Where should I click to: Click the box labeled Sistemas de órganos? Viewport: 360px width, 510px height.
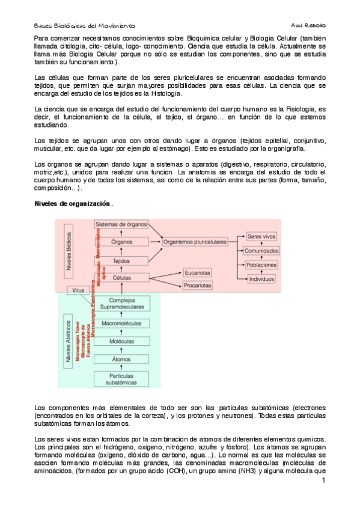click(x=121, y=224)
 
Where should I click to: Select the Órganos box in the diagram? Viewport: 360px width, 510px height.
click(x=121, y=242)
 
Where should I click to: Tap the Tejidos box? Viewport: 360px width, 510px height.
click(x=121, y=261)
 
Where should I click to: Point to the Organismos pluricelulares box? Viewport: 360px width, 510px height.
click(x=195, y=242)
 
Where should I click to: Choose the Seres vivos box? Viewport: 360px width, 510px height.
click(x=262, y=237)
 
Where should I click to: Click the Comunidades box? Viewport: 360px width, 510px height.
click(x=262, y=251)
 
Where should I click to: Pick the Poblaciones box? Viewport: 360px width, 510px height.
click(x=262, y=265)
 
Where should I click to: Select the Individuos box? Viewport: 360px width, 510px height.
click(x=262, y=279)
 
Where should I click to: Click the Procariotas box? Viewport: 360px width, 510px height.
click(x=198, y=285)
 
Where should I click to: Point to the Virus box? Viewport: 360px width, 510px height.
click(x=78, y=290)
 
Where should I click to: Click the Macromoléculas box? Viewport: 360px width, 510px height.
click(x=121, y=324)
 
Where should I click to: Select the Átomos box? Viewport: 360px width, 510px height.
click(x=121, y=359)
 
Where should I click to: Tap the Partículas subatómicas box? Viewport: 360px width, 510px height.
click(x=121, y=379)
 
